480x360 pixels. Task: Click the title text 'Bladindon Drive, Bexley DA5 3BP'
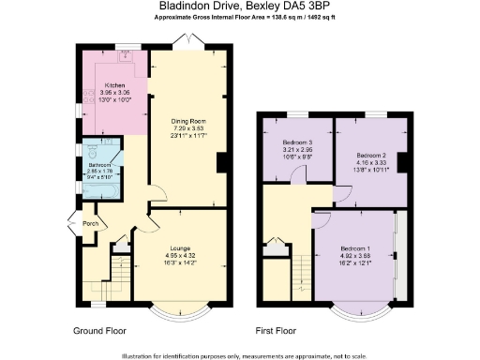click(x=239, y=7)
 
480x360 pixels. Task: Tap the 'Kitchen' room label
click(x=115, y=84)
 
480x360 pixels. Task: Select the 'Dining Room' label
click(x=187, y=121)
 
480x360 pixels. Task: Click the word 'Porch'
click(x=91, y=223)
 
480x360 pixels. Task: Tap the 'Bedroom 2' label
click(x=371, y=156)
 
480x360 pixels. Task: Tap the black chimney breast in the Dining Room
click(x=221, y=163)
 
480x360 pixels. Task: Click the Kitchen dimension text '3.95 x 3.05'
click(x=115, y=92)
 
